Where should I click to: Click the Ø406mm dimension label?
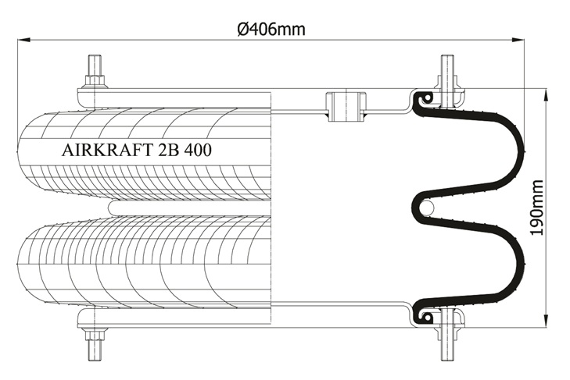pyautogui.click(x=271, y=29)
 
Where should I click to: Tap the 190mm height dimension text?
pyautogui.click(x=536, y=208)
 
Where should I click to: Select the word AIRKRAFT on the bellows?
pyautogui.click(x=107, y=150)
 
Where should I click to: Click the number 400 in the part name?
pyautogui.click(x=198, y=150)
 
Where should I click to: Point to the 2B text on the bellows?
pyautogui.click(x=168, y=150)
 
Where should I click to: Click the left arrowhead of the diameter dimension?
pyautogui.click(x=23, y=39)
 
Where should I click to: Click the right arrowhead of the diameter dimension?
pyautogui.click(x=518, y=39)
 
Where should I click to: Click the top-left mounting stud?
pyautogui.click(x=95, y=66)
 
